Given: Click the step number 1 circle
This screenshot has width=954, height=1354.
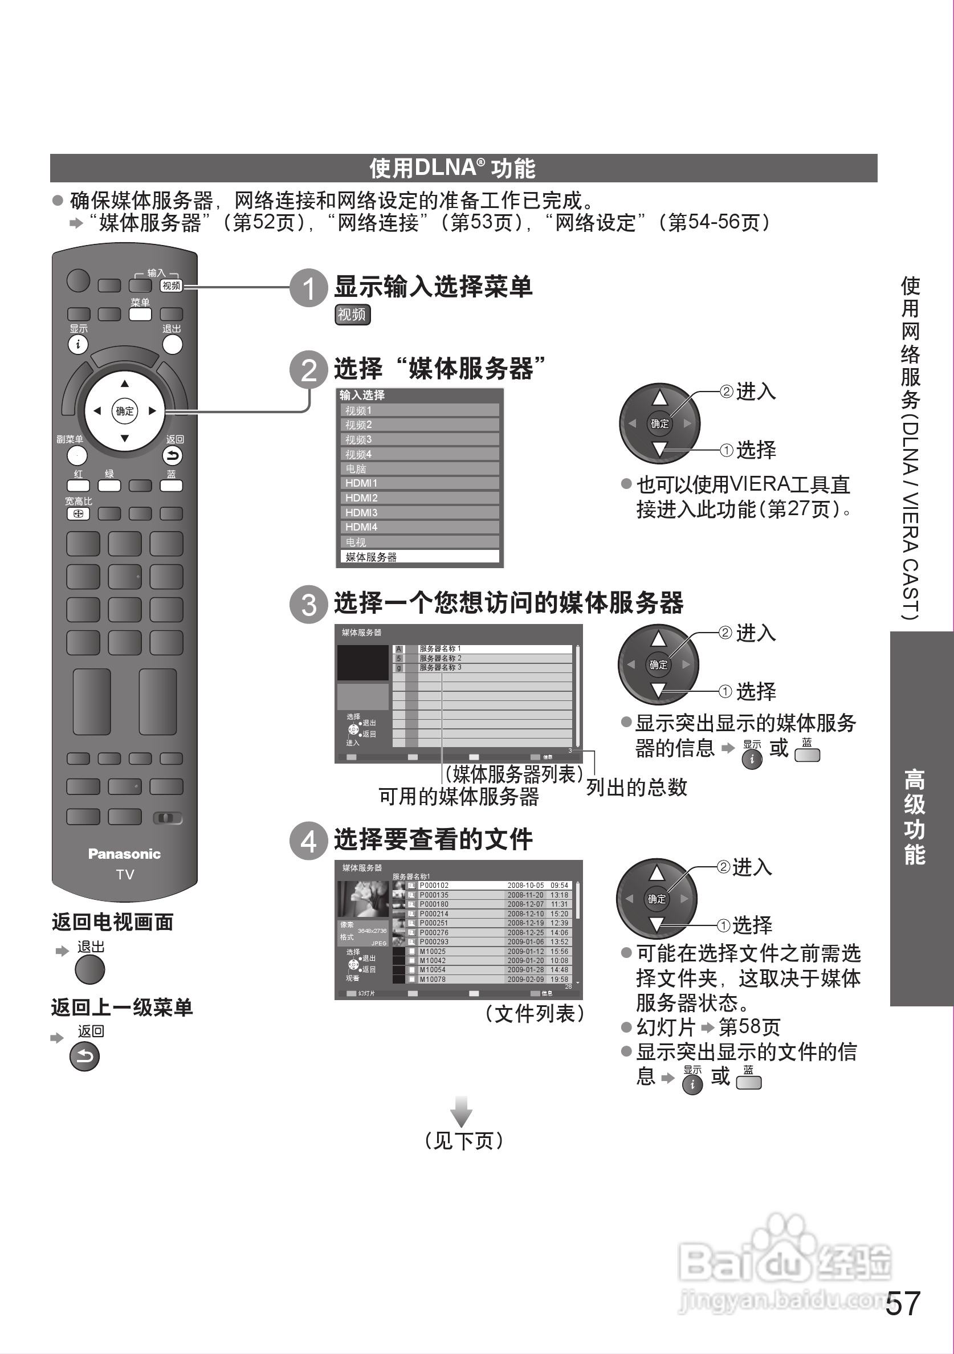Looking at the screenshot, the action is click(308, 288).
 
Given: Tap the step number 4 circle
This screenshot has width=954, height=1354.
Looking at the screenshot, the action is click(308, 841).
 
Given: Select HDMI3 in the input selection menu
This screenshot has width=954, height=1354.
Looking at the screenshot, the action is click(419, 512).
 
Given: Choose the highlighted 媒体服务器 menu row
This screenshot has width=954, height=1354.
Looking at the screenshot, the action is click(419, 557).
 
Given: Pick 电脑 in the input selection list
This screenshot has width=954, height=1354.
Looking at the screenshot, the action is click(419, 469).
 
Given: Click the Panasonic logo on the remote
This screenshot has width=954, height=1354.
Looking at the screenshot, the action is click(124, 854).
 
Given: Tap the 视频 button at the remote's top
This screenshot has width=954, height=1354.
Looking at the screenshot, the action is click(172, 286).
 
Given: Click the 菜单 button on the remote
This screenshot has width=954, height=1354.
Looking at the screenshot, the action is click(140, 314).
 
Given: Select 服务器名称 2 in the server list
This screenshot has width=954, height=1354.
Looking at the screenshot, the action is click(441, 658).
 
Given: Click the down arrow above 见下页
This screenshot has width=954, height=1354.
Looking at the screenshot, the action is click(461, 1112).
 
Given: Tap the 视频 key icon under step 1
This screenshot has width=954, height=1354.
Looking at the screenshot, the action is click(352, 315).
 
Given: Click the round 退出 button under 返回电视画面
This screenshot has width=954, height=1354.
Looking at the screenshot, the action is click(89, 970).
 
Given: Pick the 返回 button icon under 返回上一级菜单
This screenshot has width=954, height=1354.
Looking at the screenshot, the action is click(84, 1057).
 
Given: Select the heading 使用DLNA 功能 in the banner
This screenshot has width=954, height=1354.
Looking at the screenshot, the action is click(452, 168).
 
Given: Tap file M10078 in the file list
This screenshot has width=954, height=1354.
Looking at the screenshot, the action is click(433, 980).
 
